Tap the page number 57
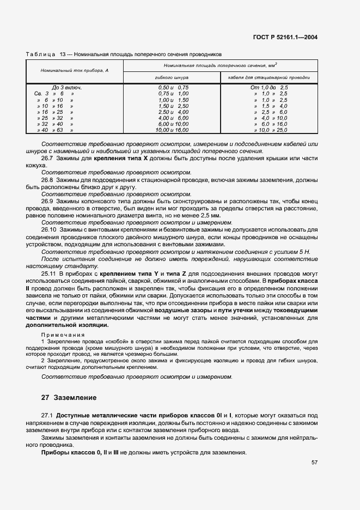click(x=314, y=463)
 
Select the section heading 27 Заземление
click(x=69, y=398)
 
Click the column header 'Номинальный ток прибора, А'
click(x=75, y=71)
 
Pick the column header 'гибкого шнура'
click(x=172, y=78)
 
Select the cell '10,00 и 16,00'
click(x=172, y=131)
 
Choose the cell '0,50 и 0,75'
click(x=173, y=87)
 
